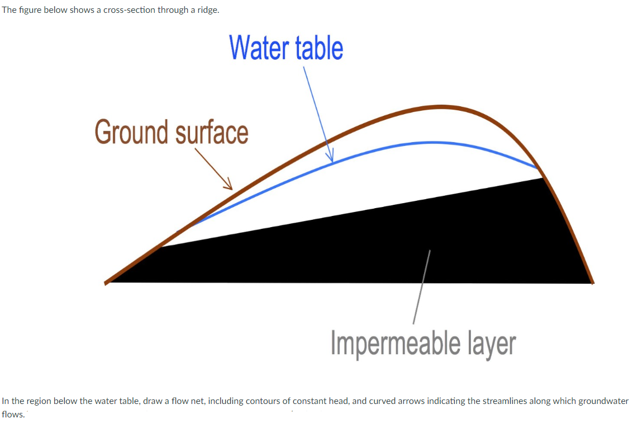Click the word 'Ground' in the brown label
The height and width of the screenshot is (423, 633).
click(131, 133)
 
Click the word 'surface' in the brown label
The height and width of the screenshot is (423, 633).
click(212, 133)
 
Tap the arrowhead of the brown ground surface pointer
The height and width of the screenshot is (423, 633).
click(230, 188)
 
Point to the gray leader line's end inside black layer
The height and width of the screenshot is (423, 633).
click(430, 251)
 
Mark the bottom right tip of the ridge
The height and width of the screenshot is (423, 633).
click(592, 283)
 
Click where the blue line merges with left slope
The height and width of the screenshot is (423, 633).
click(178, 232)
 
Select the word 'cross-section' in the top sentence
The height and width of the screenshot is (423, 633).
click(127, 11)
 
